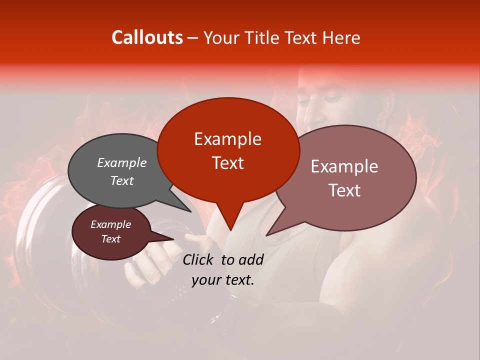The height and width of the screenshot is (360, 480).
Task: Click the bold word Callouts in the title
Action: [x=147, y=37]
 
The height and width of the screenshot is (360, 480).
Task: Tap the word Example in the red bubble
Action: [x=227, y=139]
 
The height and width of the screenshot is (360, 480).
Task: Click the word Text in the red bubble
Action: [x=227, y=163]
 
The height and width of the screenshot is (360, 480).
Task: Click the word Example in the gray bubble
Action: [x=121, y=163]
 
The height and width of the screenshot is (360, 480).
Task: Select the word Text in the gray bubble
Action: [x=121, y=181]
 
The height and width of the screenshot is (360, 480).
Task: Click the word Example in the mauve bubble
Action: [x=344, y=166]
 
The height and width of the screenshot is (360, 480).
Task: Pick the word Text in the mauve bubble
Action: [x=344, y=190]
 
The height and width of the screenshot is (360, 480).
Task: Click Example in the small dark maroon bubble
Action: [x=110, y=224]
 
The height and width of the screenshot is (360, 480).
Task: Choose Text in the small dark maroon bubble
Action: [x=110, y=239]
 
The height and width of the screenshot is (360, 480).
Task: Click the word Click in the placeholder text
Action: [x=199, y=259]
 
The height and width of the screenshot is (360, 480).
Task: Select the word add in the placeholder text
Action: [x=251, y=259]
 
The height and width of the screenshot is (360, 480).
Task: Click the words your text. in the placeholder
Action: [x=222, y=280]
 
